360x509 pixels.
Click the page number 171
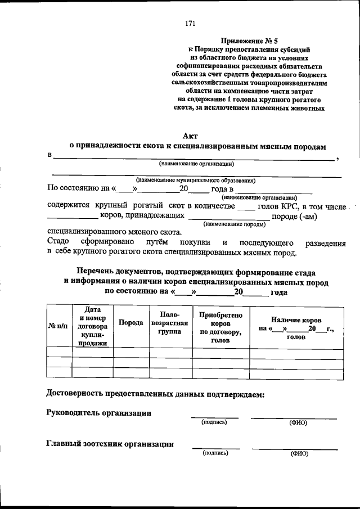[x=190, y=23]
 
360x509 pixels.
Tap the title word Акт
[x=190, y=136]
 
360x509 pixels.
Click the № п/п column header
[x=58, y=326]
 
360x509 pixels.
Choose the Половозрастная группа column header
[x=169, y=326]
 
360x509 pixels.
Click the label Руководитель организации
[x=98, y=412]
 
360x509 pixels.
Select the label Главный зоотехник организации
[x=109, y=444]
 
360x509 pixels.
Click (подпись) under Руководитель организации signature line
[x=214, y=422]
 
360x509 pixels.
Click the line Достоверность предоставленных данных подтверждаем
[x=154, y=394]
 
